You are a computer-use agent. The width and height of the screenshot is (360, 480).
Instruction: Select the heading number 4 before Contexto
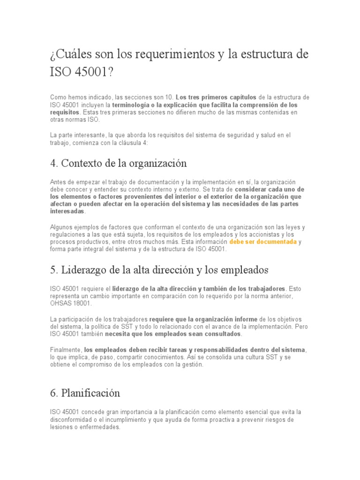(x=52, y=163)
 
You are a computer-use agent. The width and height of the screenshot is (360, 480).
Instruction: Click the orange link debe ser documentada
(x=263, y=242)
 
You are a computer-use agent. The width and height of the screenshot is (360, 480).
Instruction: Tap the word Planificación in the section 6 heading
(x=90, y=393)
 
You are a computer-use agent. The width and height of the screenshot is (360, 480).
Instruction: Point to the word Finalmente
(x=65, y=350)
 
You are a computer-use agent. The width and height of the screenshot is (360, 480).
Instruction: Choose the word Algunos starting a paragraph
(x=62, y=227)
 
